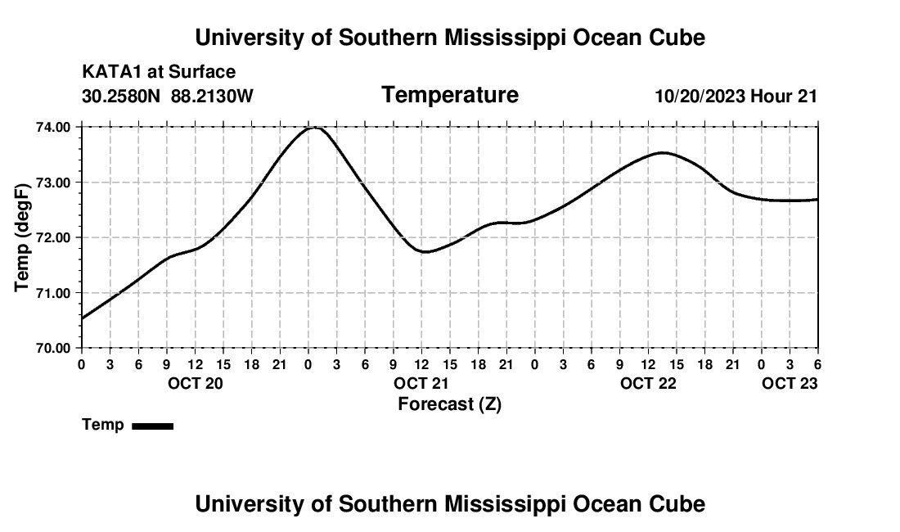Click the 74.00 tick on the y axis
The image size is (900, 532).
click(55, 127)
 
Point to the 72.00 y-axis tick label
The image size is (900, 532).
click(55, 237)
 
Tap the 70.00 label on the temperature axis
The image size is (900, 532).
click(55, 348)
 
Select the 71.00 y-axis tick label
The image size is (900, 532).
click(55, 293)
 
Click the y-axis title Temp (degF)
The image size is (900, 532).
click(22, 237)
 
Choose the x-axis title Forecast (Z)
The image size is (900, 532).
click(449, 404)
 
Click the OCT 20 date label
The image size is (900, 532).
click(195, 384)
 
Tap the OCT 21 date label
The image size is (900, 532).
click(421, 384)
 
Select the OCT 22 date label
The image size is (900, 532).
click(648, 384)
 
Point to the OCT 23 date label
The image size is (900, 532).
click(790, 384)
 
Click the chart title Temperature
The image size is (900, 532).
click(450, 95)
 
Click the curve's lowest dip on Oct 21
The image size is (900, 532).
click(425, 251)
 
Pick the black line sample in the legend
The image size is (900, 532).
click(152, 426)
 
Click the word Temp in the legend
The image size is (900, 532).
click(103, 425)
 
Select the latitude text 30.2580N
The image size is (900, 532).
click(122, 96)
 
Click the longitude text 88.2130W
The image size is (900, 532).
click(212, 96)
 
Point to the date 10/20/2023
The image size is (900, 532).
click(700, 96)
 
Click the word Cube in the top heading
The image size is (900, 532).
click(677, 38)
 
